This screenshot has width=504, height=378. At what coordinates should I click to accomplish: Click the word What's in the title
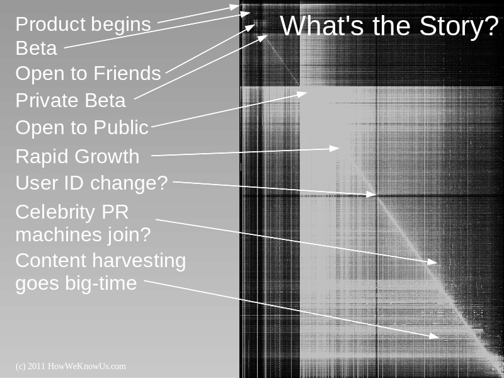coord(322,25)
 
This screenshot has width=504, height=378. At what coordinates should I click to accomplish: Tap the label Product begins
coord(83,25)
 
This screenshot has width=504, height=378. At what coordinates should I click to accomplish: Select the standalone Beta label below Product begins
coord(37,49)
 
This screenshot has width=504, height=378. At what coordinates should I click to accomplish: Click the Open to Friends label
coord(88,73)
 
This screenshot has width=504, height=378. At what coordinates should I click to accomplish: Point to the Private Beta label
coord(71,100)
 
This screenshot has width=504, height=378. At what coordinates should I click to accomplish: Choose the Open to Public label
coord(82,127)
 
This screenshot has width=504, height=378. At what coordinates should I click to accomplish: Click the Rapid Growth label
coord(77,156)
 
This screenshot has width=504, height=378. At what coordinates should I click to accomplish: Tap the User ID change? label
coord(91,183)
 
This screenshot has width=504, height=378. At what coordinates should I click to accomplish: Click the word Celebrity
coord(55,213)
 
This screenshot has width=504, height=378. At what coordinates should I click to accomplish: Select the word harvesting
coord(139,260)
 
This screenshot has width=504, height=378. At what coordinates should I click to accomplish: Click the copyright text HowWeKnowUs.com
coord(87,367)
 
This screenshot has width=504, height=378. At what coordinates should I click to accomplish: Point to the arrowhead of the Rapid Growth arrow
coord(335,148)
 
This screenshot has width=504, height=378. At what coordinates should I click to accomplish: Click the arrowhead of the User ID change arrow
coord(371,194)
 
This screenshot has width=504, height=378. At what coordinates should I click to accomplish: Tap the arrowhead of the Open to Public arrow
coord(302,94)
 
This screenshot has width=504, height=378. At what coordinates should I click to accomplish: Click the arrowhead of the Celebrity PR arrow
coord(432,261)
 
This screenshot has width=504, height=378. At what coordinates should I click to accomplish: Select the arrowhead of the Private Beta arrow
coord(263,38)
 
